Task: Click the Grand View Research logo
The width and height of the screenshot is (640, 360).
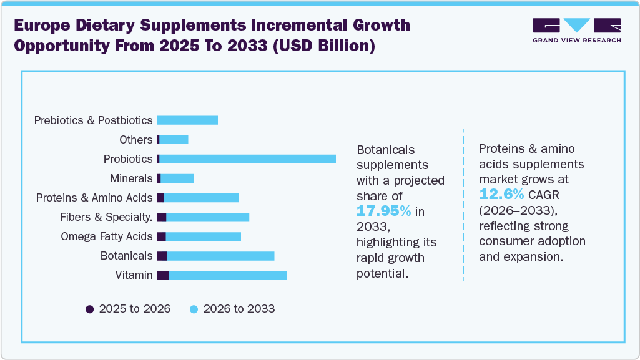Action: point(576,30)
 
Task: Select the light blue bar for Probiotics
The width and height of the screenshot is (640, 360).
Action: point(247,159)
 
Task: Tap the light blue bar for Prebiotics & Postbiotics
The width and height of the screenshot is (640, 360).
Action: point(187,120)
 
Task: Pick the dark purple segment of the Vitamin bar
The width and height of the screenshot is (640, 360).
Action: point(163,275)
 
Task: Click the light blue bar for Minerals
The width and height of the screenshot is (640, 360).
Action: point(177,178)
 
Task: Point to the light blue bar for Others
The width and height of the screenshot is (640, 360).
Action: point(174,140)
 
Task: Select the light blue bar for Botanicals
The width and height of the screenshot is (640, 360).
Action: point(220,256)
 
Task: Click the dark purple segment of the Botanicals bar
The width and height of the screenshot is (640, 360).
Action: point(162,256)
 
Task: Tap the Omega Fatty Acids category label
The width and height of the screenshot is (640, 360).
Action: point(106,236)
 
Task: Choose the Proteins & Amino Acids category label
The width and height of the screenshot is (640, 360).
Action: point(94,198)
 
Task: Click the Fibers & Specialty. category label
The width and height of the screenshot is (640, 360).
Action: point(106,217)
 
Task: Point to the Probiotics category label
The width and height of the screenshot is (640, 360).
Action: point(128,159)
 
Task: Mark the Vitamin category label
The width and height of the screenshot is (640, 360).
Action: point(134,275)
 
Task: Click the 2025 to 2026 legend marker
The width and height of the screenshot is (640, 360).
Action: point(89,309)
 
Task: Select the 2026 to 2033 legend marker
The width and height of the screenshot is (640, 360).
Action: point(194,309)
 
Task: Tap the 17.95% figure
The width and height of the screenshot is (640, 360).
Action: point(383,211)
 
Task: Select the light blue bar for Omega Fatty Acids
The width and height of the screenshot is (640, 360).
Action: point(203,236)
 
